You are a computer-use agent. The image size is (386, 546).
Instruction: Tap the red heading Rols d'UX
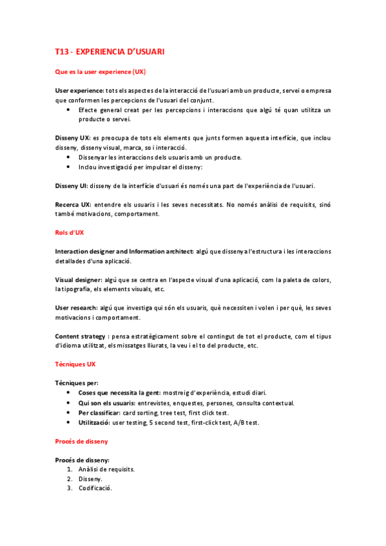tap(70, 232)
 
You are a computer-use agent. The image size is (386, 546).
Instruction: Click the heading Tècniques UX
tap(75, 364)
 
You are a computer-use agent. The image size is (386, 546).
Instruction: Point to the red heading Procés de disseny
tap(81, 442)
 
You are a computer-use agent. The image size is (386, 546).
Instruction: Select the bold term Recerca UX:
tap(73, 205)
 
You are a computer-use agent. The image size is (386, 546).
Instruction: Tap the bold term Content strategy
tap(81, 337)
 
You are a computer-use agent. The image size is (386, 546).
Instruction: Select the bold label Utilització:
tap(94, 422)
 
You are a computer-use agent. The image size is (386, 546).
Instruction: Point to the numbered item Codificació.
tap(95, 489)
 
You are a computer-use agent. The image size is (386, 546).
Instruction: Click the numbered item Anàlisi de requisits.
tap(106, 469)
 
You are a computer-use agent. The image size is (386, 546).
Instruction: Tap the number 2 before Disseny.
tap(69, 479)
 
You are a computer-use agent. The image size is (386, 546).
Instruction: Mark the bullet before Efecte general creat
tap(68, 110)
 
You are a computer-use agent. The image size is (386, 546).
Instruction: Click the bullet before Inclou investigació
tap(68, 167)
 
